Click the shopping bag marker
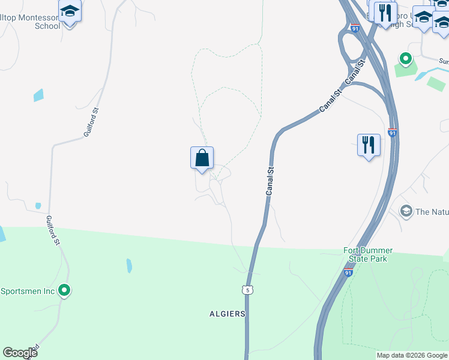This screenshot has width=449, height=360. click(202, 159)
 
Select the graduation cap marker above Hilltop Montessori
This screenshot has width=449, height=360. click(70, 12)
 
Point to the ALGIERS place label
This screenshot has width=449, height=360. click(228, 314)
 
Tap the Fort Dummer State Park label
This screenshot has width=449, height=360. click(368, 254)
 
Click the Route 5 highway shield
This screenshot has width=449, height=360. click(247, 290)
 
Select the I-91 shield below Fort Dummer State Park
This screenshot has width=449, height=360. click(349, 272)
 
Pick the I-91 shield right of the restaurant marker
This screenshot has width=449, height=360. click(393, 133)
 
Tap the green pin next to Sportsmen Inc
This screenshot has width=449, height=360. click(64, 292)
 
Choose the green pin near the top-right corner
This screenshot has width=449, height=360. click(405, 59)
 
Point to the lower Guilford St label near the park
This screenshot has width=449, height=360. click(53, 230)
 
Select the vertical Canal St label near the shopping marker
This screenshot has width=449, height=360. click(270, 181)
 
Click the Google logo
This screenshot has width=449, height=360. click(20, 353)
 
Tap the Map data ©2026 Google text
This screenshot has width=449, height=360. click(412, 355)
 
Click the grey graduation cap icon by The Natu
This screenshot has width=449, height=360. click(406, 211)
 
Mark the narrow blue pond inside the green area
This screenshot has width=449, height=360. click(129, 265)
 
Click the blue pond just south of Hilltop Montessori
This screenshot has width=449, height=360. click(38, 95)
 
